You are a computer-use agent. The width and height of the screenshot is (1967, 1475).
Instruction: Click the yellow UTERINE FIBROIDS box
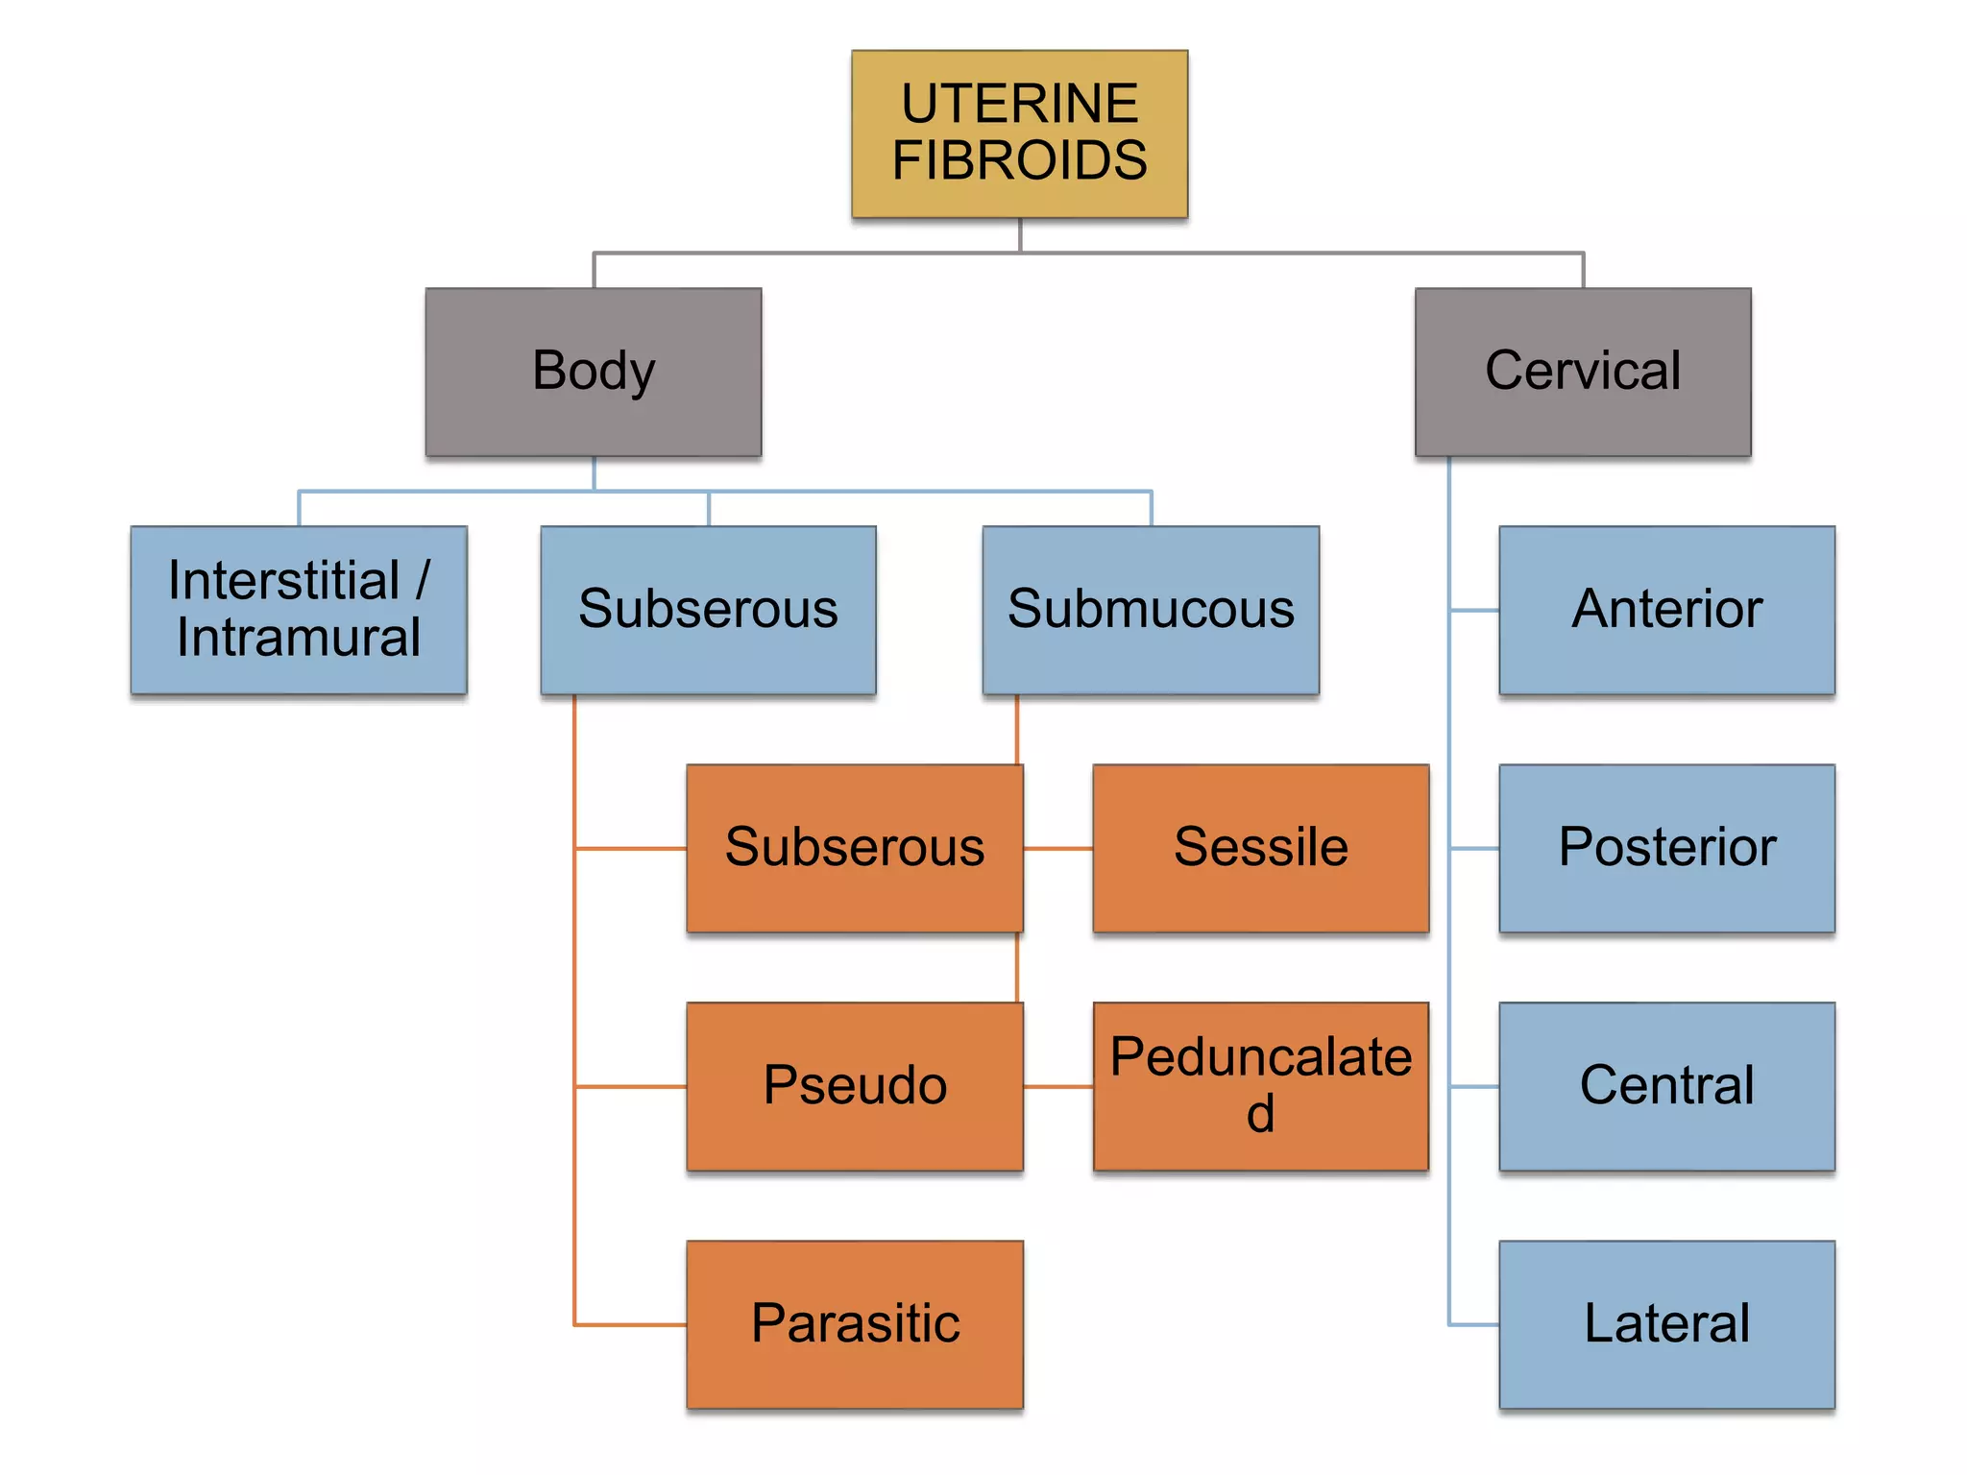point(1019,133)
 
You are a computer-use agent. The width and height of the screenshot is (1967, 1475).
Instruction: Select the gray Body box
point(594,372)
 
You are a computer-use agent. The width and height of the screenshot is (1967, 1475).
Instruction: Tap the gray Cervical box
point(1582,372)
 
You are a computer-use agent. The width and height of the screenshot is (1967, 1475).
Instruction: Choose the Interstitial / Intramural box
point(299,610)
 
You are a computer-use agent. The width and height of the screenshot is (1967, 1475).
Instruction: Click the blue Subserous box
point(708,610)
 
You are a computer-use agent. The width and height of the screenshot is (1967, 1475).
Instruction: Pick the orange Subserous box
point(854,848)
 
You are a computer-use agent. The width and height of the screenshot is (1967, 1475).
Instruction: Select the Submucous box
point(1151,610)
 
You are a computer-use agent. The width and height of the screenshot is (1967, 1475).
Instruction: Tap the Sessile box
point(1260,848)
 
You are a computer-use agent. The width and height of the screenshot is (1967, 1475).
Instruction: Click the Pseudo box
point(854,1086)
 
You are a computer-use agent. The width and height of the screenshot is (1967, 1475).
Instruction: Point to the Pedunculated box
point(1260,1086)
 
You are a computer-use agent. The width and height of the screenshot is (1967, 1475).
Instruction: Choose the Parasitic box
point(854,1324)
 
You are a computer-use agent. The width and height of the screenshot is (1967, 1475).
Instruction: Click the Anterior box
point(1666,610)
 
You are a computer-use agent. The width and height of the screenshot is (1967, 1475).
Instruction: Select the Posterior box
point(1666,848)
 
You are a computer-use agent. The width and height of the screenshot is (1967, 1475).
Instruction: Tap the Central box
point(1666,1086)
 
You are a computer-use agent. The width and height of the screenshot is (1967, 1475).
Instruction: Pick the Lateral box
point(1666,1324)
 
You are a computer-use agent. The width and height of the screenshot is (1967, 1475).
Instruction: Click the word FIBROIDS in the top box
point(1019,160)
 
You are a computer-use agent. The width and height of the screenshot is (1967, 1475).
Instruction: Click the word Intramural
point(299,638)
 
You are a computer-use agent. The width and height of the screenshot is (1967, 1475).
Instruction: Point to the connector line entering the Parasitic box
point(630,1325)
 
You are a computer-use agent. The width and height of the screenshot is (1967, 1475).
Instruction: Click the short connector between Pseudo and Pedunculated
point(1057,1087)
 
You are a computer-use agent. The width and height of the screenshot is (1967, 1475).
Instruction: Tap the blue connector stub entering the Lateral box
point(1474,1325)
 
